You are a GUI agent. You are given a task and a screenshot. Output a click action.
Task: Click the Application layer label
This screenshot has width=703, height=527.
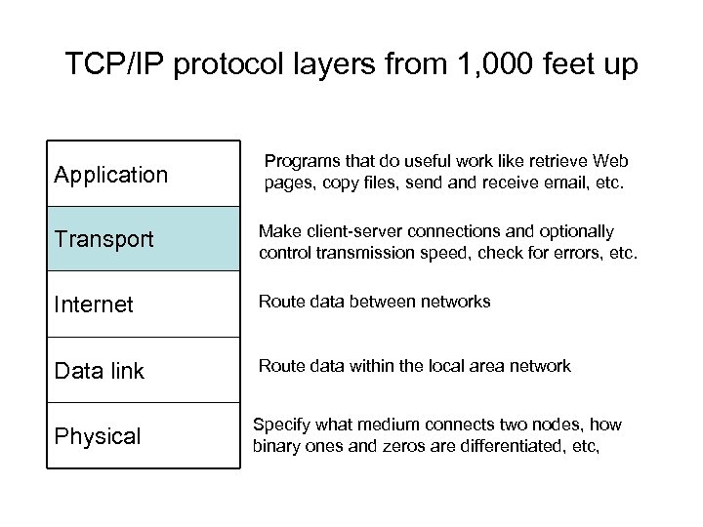[111, 175]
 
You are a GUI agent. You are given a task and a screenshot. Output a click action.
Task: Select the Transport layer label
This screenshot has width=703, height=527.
[104, 239]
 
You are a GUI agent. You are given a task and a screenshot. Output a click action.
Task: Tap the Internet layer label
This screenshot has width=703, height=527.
[94, 305]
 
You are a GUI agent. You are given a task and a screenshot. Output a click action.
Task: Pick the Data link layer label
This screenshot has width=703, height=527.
[100, 371]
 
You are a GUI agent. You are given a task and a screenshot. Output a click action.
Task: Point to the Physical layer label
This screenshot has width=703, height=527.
[98, 436]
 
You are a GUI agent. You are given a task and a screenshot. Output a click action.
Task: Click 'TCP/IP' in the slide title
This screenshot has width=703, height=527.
[107, 64]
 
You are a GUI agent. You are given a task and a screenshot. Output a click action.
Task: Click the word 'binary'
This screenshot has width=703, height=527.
[276, 447]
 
